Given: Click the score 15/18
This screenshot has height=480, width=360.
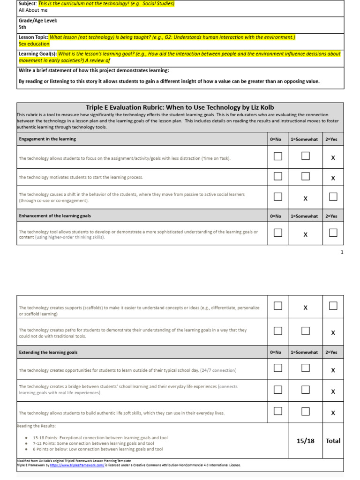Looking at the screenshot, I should [305, 441].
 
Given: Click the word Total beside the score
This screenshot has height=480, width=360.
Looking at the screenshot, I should [333, 441].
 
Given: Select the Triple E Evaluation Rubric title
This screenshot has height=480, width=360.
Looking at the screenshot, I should [180, 107].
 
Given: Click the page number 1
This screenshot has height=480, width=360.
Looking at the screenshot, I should [342, 252].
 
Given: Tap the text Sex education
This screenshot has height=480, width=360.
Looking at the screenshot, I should [34, 44].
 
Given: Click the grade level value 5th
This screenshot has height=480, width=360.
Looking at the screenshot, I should [22, 27].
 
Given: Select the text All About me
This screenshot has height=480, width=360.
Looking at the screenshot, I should [33, 10].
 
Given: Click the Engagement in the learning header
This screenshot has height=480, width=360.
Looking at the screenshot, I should [47, 139].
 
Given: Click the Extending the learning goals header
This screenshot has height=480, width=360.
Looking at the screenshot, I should [48, 352].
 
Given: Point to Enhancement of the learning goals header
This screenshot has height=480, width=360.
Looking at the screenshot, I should [55, 216].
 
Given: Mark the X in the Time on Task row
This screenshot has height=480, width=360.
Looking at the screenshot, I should [333, 158].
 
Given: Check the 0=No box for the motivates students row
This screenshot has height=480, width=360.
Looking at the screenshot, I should [278, 176].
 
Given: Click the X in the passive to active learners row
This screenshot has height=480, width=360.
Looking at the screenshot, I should [305, 198].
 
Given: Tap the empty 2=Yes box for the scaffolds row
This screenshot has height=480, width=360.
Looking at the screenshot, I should [333, 306].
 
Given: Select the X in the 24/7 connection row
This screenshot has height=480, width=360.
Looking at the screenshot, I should [333, 370].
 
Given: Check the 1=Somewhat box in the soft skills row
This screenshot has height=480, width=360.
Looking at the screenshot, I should [306, 412].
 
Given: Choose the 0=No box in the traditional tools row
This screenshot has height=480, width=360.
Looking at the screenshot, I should [278, 331].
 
